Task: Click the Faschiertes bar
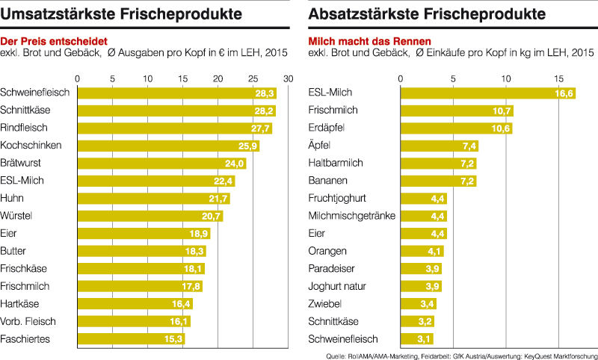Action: coord(131,339)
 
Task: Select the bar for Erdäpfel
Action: coord(457,128)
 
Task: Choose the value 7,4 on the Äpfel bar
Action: coord(469,146)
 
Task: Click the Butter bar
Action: coord(142,251)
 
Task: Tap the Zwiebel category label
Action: coord(325,304)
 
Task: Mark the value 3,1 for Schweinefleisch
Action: coord(424,339)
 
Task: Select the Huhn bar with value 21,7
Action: coord(154,199)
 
